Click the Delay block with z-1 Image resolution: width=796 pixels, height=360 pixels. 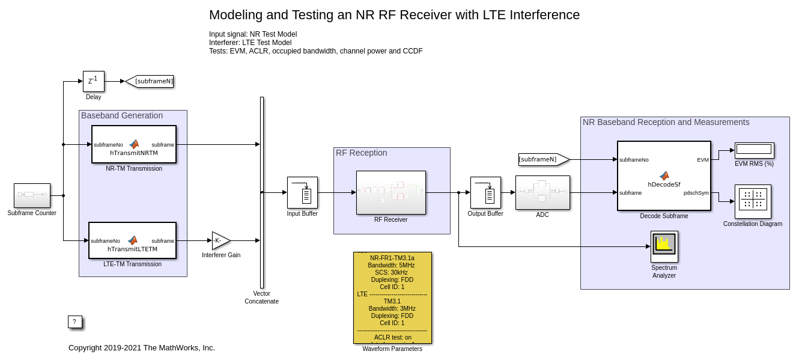(x=93, y=81)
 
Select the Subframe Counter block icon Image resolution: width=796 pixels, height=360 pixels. (x=32, y=195)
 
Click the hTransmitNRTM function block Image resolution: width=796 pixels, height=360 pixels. (x=134, y=144)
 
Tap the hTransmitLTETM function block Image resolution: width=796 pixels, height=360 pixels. (x=132, y=240)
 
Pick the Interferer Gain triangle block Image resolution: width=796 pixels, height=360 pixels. (x=220, y=240)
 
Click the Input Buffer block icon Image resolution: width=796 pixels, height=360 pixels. (x=302, y=192)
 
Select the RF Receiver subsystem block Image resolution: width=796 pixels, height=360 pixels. (x=390, y=192)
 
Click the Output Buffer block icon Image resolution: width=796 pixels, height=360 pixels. (x=485, y=192)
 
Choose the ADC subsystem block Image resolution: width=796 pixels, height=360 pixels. (x=542, y=192)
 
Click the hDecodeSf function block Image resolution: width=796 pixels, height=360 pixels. (x=664, y=175)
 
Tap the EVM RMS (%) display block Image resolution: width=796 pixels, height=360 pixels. (x=754, y=150)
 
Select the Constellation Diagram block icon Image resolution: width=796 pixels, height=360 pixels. (x=753, y=201)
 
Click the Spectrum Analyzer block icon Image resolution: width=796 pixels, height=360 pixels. (x=664, y=246)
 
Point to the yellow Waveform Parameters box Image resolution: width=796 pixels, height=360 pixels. (x=392, y=297)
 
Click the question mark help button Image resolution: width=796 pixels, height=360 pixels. (x=74, y=322)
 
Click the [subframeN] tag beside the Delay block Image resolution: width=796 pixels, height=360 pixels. (x=150, y=81)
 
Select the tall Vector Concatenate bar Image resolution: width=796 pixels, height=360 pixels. (x=262, y=192)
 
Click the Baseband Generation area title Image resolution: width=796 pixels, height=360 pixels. (x=122, y=115)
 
